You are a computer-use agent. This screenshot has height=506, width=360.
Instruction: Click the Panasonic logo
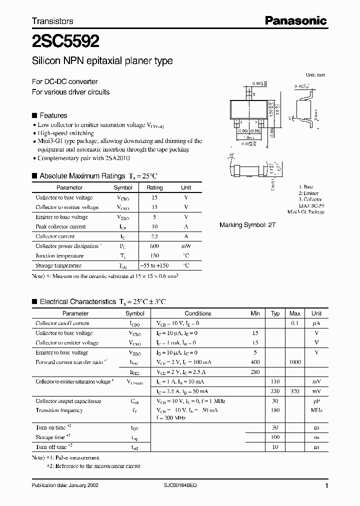[295, 20]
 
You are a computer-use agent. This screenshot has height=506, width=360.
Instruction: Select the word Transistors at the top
[52, 21]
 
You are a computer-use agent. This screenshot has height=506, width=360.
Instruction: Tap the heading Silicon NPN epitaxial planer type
[102, 61]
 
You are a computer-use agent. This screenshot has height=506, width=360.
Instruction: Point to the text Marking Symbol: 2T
[247, 225]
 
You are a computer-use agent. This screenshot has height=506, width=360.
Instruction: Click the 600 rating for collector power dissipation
[154, 246]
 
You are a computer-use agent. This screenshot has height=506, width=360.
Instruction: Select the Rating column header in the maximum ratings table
[154, 187]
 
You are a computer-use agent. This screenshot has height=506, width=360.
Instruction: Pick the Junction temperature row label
[59, 256]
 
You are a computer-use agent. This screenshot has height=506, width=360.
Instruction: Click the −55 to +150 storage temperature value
[154, 265]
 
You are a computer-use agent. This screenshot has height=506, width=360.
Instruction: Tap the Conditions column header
[198, 313]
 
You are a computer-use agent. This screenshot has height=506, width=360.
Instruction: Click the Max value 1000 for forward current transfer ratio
[295, 361]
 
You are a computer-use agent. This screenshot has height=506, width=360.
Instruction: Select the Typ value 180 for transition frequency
[275, 410]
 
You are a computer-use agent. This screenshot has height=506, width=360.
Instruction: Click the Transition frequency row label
[59, 410]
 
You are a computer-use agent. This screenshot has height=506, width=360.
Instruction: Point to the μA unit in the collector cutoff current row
[316, 323]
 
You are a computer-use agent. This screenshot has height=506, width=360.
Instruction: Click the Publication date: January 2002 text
[62, 485]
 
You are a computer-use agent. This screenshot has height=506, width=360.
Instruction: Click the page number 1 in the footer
[326, 485]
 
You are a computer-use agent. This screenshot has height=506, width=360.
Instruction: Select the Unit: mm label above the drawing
[315, 74]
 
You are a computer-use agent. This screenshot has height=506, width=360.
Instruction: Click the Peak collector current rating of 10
[154, 226]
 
